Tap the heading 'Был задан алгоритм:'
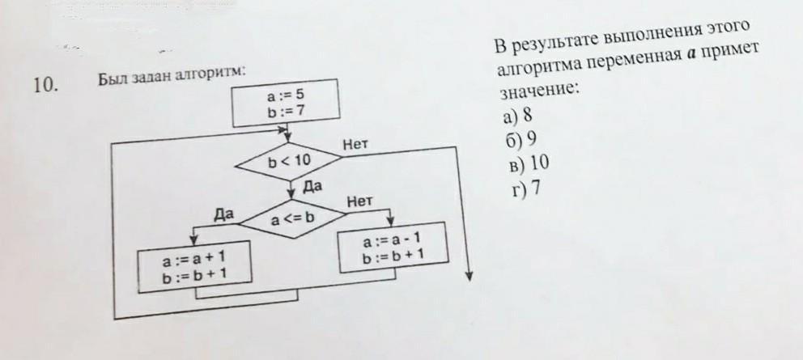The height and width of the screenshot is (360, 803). tap(172, 78)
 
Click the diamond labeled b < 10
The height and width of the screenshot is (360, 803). tap(289, 160)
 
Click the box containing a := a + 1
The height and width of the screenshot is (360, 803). tap(193, 267)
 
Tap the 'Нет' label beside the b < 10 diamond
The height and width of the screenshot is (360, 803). tap(355, 145)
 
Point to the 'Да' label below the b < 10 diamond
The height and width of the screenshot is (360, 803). tap(312, 185)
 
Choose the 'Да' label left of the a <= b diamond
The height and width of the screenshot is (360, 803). tap(223, 214)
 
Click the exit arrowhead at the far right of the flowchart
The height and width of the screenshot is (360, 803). tap(468, 277)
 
